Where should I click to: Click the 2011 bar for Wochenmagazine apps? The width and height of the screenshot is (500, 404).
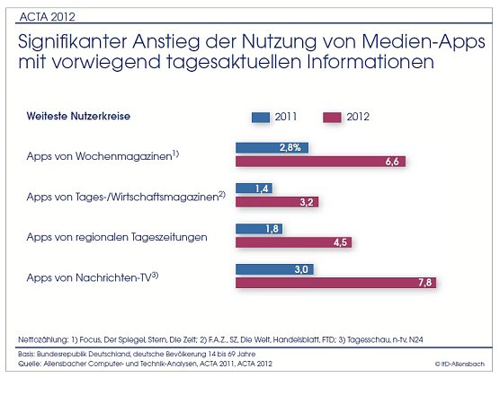click(272, 147)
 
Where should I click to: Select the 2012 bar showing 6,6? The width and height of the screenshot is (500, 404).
click(320, 162)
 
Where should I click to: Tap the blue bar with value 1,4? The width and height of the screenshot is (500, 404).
click(254, 188)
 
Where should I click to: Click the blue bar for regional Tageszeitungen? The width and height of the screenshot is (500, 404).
click(258, 228)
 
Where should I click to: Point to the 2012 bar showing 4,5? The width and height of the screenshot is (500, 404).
click(293, 242)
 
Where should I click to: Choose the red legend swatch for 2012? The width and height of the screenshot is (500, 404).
click(331, 117)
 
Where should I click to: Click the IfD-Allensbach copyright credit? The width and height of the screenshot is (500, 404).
click(460, 364)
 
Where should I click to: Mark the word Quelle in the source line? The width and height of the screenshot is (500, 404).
click(29, 363)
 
